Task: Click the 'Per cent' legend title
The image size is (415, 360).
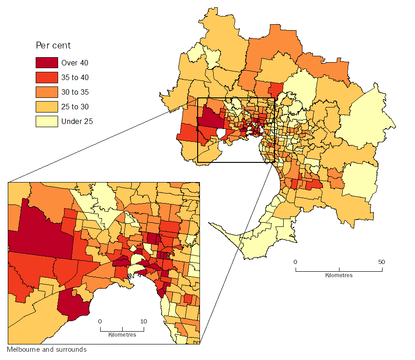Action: pos(53,46)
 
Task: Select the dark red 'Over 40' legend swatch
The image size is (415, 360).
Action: pos(47,63)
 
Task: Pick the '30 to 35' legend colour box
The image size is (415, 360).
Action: pos(47,92)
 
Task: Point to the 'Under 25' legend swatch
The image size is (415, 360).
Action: pos(47,121)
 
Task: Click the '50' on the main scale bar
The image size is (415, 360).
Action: pos(382,262)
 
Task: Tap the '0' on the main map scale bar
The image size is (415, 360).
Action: pos(296,262)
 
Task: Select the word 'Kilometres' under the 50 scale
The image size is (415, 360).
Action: pos(339,275)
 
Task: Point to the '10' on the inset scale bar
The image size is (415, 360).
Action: pos(144,321)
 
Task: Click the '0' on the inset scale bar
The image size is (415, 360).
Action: pos(100,321)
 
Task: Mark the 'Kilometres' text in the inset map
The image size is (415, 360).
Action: pos(122,335)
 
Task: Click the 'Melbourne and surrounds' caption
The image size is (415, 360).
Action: pos(47,349)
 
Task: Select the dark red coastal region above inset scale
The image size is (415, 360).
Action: pos(73,304)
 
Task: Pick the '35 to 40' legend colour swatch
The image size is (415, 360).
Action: pos(47,77)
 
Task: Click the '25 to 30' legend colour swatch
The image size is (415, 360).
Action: pos(47,107)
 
